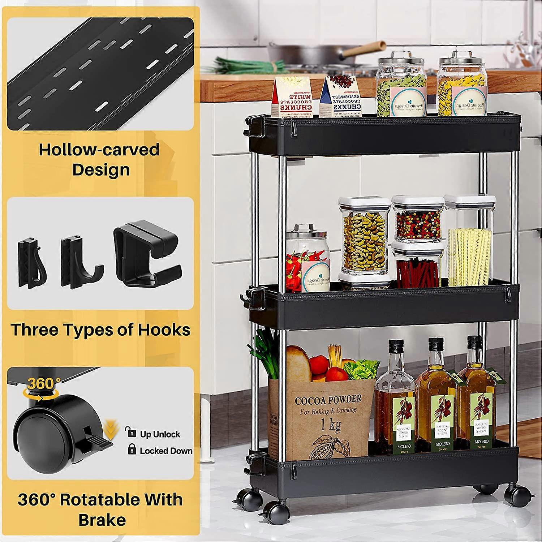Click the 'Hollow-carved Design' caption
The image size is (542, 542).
pyautogui.click(x=99, y=159)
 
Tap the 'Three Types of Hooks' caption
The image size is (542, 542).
pyautogui.click(x=100, y=330)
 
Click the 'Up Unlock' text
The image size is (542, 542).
pyautogui.click(x=160, y=434)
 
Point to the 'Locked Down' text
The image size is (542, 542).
pyautogui.click(x=166, y=451)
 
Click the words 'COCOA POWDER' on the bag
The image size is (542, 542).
pyautogui.click(x=328, y=399)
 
